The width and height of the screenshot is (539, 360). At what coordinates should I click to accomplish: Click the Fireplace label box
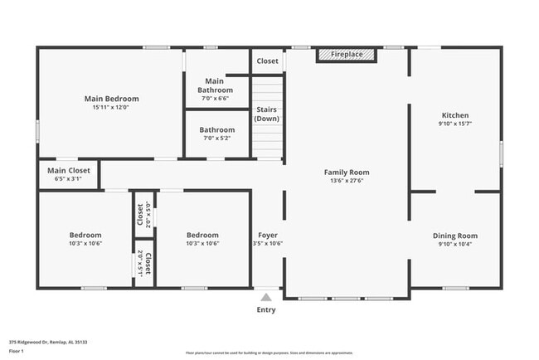coord(347,55)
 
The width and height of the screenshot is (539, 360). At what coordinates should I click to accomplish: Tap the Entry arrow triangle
coord(266,296)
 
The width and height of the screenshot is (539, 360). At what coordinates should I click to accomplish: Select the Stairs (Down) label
coord(267,114)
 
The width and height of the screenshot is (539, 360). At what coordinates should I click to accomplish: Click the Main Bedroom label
coord(111,99)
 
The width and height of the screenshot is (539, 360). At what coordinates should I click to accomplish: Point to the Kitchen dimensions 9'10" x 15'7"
coord(454,124)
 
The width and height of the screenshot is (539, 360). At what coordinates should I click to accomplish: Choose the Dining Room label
coord(455,236)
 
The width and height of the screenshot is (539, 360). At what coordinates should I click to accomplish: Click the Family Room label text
coord(346,172)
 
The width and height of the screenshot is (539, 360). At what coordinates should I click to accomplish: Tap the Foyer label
coord(267,235)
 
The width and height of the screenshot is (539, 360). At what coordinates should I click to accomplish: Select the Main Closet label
coord(68,170)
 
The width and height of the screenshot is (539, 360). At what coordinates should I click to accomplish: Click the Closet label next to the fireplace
coord(267,61)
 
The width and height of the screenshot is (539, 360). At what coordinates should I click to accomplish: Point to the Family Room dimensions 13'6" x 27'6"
coord(346,180)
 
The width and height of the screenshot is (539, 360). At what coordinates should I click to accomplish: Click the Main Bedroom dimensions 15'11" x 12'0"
coord(111,107)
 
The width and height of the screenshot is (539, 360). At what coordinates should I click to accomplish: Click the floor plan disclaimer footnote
coord(269,353)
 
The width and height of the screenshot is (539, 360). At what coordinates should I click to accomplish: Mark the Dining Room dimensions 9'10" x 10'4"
coord(455,244)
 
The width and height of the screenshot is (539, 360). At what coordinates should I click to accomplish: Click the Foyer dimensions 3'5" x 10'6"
coord(268,244)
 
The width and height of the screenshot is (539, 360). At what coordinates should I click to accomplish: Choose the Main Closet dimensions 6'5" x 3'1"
coord(68,178)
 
